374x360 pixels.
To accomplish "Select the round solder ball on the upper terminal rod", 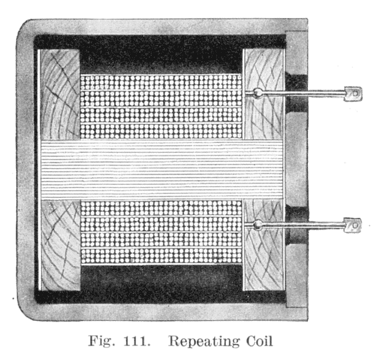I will (x=258, y=93).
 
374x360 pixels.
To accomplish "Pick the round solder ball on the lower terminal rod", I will (x=258, y=226).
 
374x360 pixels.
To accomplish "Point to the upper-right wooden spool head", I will (x=262, y=72).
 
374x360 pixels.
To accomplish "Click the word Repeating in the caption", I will (x=204, y=341).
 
